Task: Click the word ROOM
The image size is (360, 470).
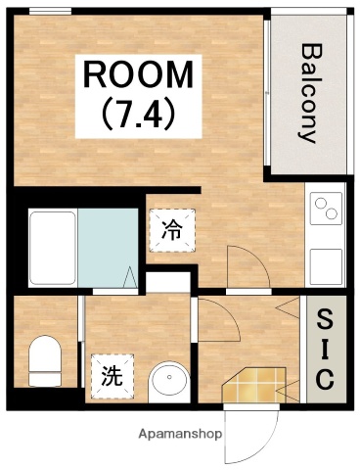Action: tap(137, 74)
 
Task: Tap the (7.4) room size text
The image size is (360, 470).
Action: tap(139, 116)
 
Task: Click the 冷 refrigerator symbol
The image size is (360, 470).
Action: tap(170, 230)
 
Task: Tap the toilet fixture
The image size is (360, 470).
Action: tap(43, 359)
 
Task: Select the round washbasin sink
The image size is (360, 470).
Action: tap(168, 379)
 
